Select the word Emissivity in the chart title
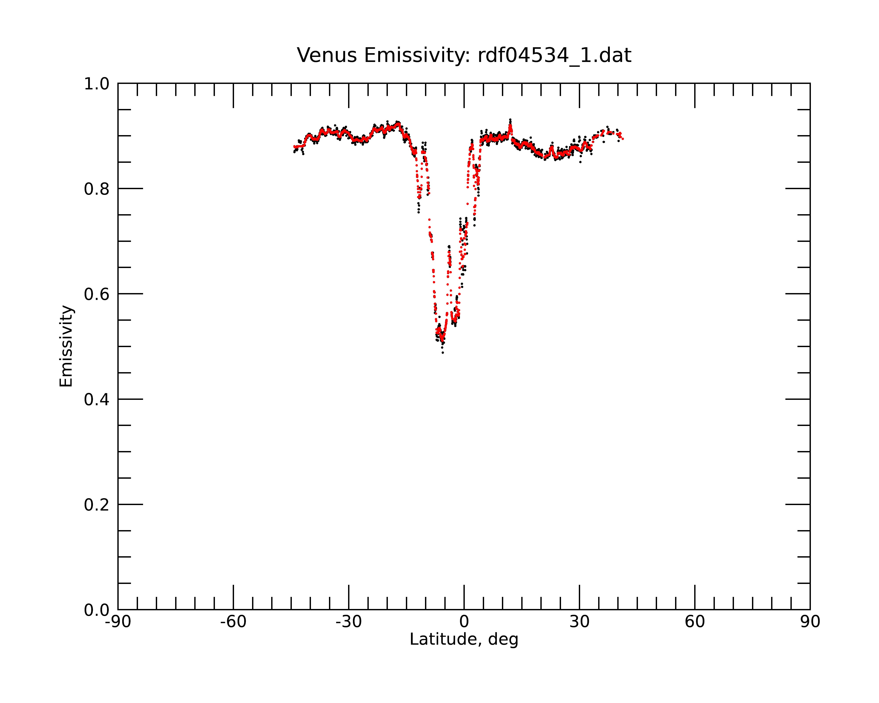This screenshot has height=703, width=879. [418, 55]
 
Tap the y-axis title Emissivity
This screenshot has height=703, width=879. [66, 346]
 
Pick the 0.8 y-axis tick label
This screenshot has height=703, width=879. [97, 189]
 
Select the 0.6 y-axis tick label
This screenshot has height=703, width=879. [97, 294]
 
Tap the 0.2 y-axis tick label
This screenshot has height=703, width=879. [97, 505]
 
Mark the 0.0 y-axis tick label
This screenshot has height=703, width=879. [97, 610]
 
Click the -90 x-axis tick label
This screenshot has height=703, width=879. [118, 622]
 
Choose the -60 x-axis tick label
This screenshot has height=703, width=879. [233, 622]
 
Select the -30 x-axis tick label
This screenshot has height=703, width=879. [349, 622]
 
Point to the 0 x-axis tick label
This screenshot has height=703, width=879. [464, 622]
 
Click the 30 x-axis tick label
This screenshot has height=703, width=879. [579, 622]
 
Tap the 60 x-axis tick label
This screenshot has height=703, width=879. [695, 622]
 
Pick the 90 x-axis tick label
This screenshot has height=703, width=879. [810, 622]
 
